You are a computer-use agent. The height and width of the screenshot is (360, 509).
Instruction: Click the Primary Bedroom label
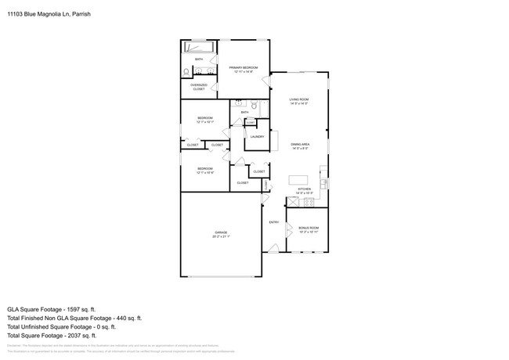pyautogui.click(x=244, y=67)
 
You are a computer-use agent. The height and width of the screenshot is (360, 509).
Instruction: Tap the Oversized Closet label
pyautogui.click(x=199, y=87)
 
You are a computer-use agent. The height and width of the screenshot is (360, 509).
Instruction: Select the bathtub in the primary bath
pyautogui.click(x=200, y=47)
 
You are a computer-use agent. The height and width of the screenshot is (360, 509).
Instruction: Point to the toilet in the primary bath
pyautogui.click(x=186, y=72)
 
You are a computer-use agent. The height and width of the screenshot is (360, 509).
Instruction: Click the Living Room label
pyautogui.click(x=299, y=99)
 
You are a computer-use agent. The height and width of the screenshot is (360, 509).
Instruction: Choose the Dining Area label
pyautogui.click(x=299, y=144)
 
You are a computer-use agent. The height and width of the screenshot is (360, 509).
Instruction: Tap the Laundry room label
pyautogui.click(x=256, y=137)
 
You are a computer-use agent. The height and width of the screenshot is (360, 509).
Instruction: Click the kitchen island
pyautogui.click(x=300, y=179)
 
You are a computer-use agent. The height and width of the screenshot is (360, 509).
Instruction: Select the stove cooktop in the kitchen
pyautogui.click(x=309, y=201)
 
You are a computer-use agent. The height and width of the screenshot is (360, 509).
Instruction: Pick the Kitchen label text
pyautogui.click(x=304, y=189)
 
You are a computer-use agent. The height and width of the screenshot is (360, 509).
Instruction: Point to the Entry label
pyautogui.click(x=274, y=222)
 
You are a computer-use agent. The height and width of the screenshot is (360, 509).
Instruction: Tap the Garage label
pyautogui.click(x=221, y=232)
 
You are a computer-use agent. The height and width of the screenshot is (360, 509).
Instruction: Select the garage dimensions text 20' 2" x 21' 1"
pyautogui.click(x=221, y=236)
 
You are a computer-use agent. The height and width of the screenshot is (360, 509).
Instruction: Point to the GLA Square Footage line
pyautogui.click(x=56, y=309)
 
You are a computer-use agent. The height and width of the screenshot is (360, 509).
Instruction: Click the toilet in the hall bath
pyautogui.click(x=254, y=104)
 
